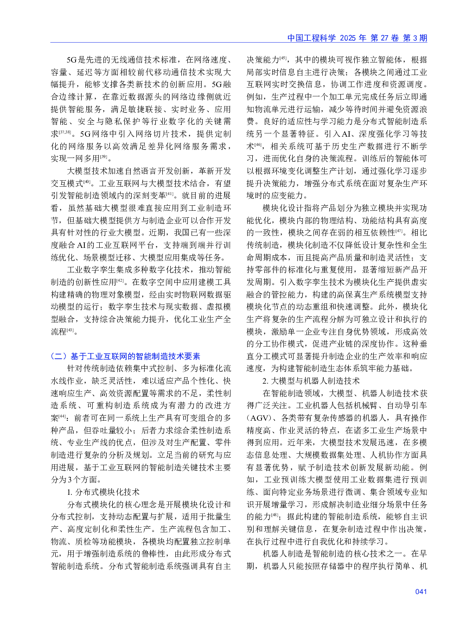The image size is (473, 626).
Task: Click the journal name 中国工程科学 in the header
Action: click(311, 38)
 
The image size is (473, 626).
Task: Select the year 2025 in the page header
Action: click(347, 38)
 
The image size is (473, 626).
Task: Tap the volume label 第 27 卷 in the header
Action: click(384, 38)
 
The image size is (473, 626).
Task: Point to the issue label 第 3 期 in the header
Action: click(415, 38)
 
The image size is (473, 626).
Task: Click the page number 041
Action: click(421, 591)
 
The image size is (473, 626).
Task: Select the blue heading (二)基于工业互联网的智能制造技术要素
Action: click(125, 356)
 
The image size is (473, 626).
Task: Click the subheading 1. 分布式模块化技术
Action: click(103, 492)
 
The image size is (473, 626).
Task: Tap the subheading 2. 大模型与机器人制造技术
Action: click(311, 380)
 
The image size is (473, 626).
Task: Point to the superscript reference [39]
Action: click(103, 157)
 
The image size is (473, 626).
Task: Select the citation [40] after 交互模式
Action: click(87, 181)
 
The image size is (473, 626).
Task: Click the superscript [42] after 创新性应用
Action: click(120, 280)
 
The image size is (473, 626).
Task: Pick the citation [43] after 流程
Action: click(70, 329)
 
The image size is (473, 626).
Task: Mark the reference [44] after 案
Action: click(63, 416)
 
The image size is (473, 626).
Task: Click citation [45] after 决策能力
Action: click(283, 58)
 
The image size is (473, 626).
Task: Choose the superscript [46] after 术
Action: click(258, 145)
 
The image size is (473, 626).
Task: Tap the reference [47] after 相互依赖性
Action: click(399, 231)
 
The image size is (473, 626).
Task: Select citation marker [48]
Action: click(275, 514)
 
